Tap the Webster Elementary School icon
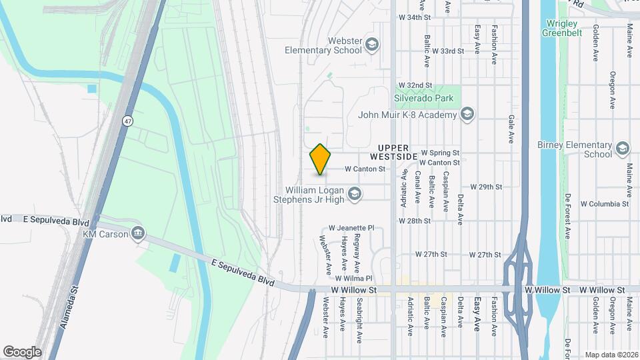coord(372,45)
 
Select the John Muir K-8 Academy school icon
coord(467,115)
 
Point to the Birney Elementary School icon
coord(623,148)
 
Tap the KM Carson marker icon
coord(138,233)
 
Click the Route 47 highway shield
coord(127,121)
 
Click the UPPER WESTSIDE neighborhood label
coord(397,151)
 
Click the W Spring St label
coord(441,153)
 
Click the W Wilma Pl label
coord(353,278)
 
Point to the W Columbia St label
coord(605,203)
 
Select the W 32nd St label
coord(415,85)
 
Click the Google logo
coord(22,352)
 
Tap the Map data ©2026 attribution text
coord(611,355)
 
